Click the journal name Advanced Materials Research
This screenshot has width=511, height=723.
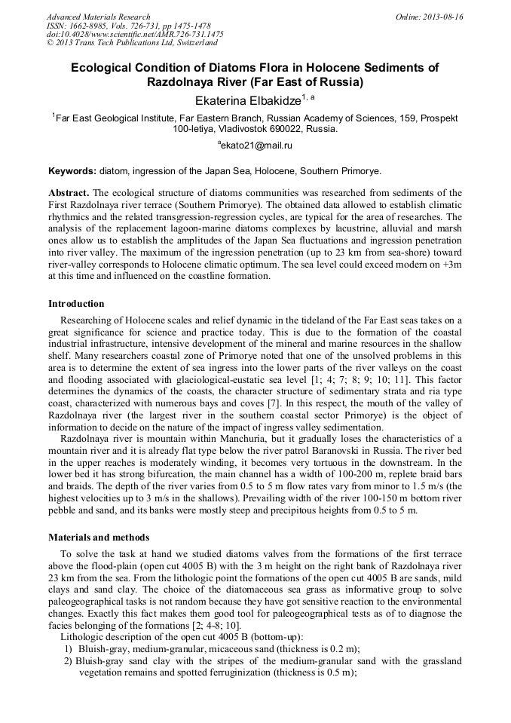[98, 17]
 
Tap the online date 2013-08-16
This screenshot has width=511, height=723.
[443, 17]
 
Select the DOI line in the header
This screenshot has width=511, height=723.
[135, 34]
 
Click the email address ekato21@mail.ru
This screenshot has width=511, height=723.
[256, 145]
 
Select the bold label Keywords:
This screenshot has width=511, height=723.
[72, 171]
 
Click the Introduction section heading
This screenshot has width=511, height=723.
[76, 304]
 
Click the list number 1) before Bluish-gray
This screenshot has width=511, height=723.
[68, 648]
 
